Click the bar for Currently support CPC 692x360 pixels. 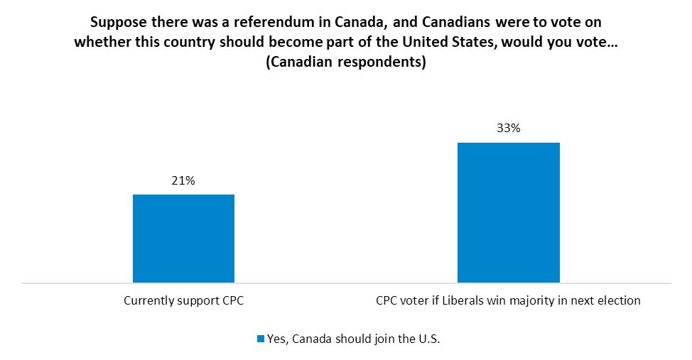coord(183,238)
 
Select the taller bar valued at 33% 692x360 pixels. coord(508,212)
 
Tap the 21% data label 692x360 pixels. coord(183,181)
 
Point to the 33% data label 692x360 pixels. coord(508,129)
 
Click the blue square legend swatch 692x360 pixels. coord(261,339)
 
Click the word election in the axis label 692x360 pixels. coord(619,300)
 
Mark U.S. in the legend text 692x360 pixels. coord(428,339)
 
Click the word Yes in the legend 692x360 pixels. coord(276,339)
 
